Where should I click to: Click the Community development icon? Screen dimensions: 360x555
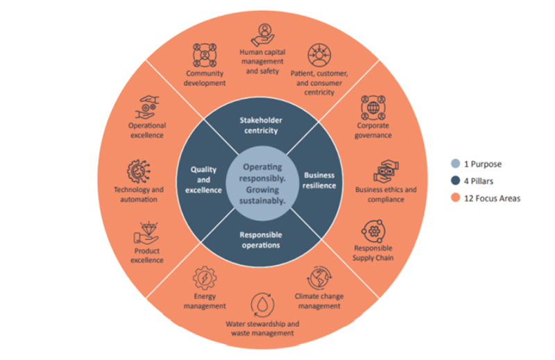(205, 55)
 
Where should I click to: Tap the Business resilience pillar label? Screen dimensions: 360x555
(319, 180)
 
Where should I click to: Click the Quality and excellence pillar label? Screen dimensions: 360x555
(201, 180)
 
